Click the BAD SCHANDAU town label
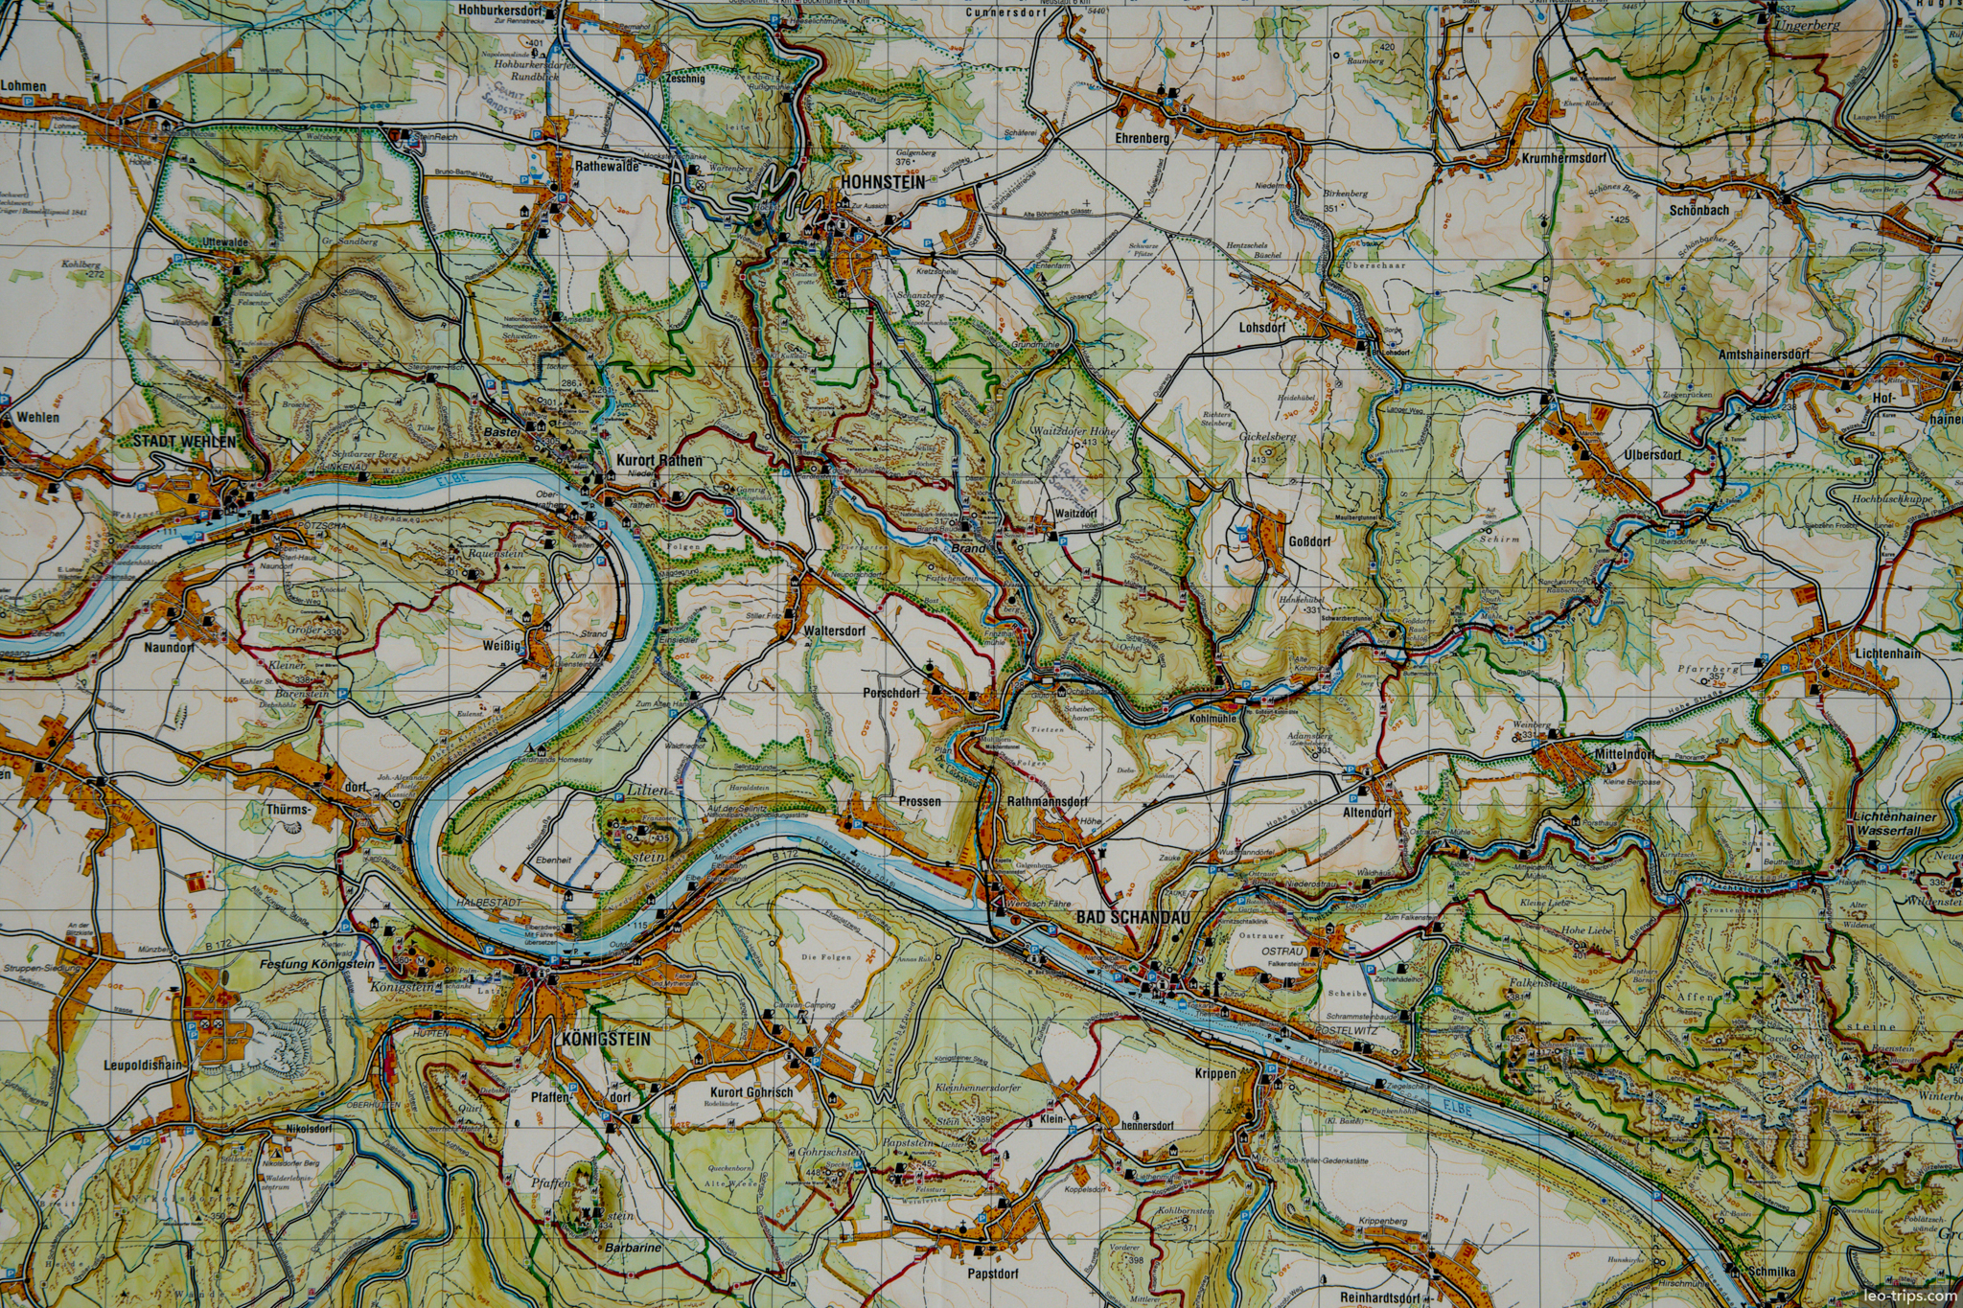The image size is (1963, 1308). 1132,917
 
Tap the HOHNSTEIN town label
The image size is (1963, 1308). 883,182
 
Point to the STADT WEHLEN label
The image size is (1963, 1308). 184,441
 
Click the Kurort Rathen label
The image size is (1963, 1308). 658,460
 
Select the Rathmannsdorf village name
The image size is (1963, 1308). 1048,801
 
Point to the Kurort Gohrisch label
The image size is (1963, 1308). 751,1092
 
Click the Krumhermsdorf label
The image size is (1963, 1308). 1563,158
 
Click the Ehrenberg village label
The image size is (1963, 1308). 1143,138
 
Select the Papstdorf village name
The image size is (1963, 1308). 993,1274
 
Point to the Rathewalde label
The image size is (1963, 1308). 607,166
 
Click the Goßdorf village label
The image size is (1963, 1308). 1309,541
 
